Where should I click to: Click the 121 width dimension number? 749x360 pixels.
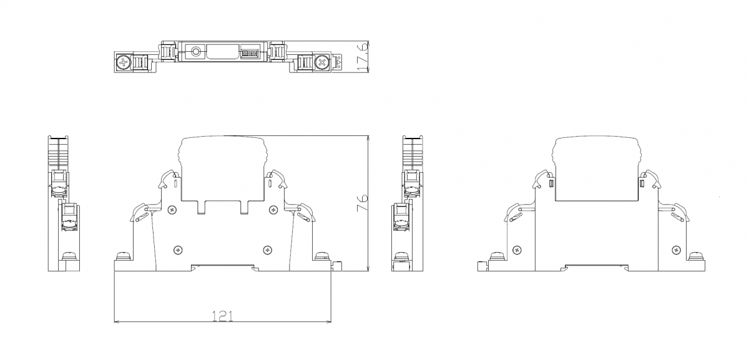(x=223, y=316)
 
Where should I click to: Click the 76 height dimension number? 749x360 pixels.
(x=362, y=203)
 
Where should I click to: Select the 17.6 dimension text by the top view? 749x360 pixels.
(x=363, y=56)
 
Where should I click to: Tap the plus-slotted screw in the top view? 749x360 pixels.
(x=124, y=62)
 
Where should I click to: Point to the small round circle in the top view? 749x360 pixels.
(x=195, y=52)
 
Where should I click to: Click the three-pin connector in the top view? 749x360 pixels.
(x=250, y=53)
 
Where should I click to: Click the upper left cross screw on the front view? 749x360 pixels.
(x=172, y=210)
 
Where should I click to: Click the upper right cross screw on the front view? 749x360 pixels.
(x=273, y=210)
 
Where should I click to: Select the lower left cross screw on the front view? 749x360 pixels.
(x=178, y=250)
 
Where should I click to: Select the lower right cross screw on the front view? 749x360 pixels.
(x=267, y=250)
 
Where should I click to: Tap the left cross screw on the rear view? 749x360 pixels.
(x=517, y=250)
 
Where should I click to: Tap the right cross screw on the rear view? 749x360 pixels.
(x=676, y=250)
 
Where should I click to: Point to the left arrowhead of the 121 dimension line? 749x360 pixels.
(x=117, y=322)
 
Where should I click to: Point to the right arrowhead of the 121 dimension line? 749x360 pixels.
(x=328, y=322)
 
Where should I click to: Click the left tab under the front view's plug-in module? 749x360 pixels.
(x=201, y=207)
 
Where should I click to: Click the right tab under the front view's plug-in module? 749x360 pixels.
(x=245, y=207)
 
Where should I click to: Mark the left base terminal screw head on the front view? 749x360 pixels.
(x=123, y=256)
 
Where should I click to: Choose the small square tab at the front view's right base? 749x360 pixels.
(x=338, y=266)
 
